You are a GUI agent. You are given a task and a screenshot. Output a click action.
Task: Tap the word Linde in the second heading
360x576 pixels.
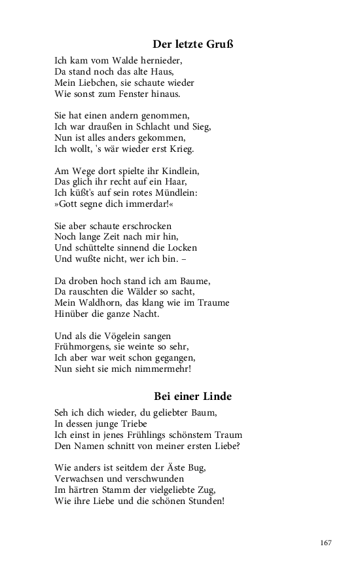click(217, 396)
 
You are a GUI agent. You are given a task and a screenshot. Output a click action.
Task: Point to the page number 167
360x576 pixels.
click(327, 543)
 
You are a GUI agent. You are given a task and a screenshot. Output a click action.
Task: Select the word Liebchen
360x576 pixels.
click(93, 83)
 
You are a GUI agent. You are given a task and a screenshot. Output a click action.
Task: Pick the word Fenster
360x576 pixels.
click(137, 94)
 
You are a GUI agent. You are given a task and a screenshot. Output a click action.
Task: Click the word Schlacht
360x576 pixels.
click(155, 127)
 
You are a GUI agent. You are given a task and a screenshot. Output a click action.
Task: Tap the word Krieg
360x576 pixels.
click(179, 149)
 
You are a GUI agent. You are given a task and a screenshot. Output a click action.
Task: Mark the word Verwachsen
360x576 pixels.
click(80, 478)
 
